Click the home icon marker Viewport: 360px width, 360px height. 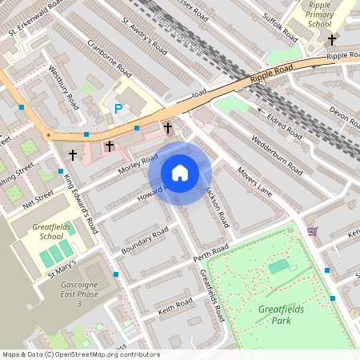(x=180, y=173)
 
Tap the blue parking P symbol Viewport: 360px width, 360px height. (x=119, y=109)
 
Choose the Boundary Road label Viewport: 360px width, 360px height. (x=144, y=241)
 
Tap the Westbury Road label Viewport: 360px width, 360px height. (x=63, y=87)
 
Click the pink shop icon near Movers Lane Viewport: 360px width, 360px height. (x=311, y=231)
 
